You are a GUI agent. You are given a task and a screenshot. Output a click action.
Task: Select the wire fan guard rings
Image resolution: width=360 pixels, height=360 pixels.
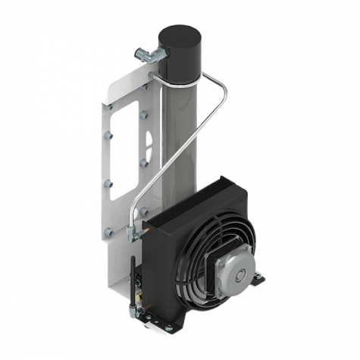click(200, 258)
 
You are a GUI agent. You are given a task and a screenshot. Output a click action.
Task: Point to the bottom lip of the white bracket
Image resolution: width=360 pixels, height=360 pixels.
click(121, 292)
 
